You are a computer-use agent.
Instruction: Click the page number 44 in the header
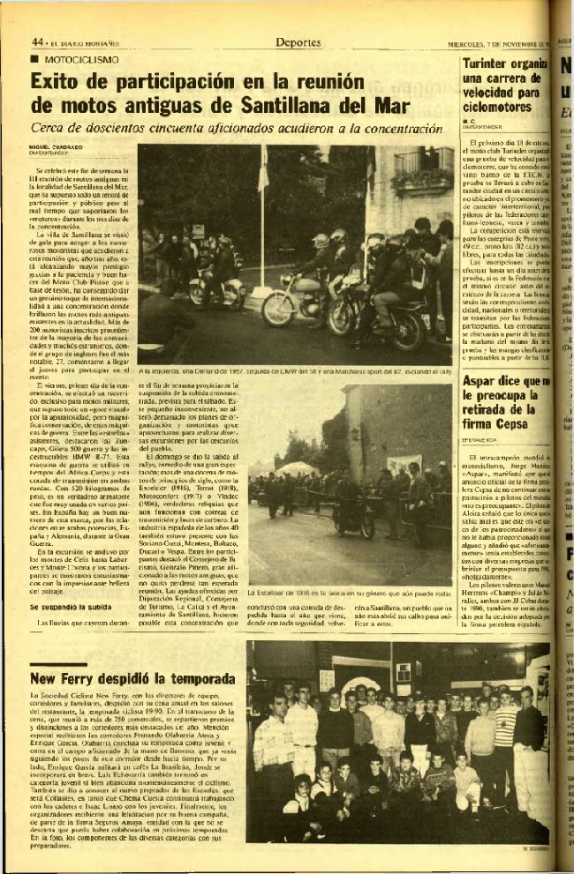click(x=38, y=41)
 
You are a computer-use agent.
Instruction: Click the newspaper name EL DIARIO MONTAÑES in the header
click(x=85, y=42)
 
